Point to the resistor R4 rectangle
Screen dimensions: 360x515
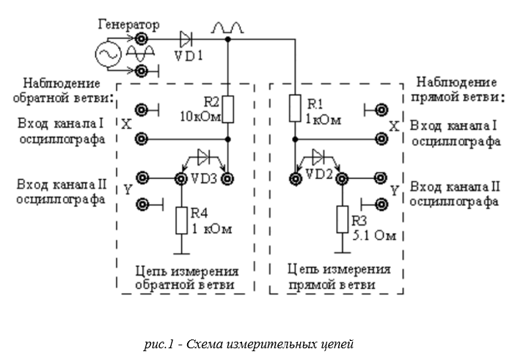[182, 220]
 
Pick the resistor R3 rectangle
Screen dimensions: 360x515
[341, 218]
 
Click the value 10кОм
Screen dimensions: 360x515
[198, 115]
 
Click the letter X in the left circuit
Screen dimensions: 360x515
[127, 125]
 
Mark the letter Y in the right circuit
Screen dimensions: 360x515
[395, 191]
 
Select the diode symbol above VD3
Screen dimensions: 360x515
[204, 157]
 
